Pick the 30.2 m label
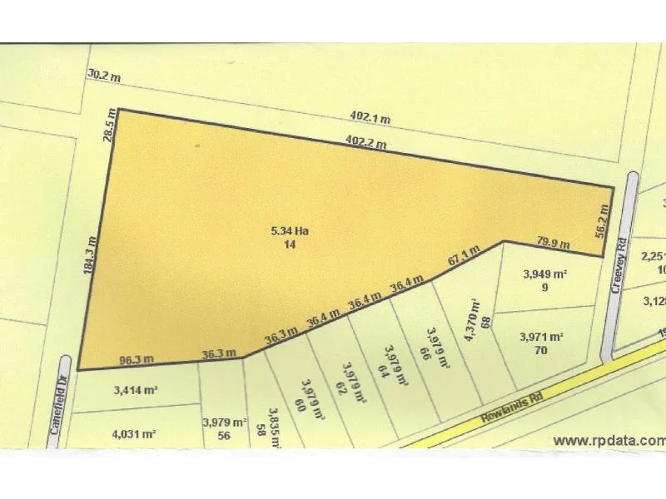[104, 76]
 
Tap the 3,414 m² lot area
[135, 388]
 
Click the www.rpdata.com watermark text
[609, 440]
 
